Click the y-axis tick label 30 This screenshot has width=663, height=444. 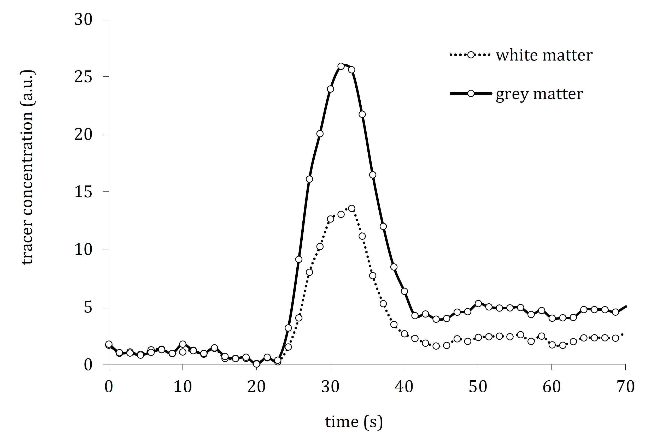(x=83, y=20)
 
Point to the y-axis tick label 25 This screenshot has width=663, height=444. (x=83, y=77)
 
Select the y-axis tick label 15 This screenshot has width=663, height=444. (x=83, y=192)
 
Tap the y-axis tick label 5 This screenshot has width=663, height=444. (x=88, y=307)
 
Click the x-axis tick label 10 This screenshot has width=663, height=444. (x=183, y=387)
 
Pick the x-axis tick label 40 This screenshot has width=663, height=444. (x=404, y=387)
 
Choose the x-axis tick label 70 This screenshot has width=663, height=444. (x=625, y=387)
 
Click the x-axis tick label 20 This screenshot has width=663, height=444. (x=256, y=387)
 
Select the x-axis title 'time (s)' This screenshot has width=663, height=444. (x=354, y=422)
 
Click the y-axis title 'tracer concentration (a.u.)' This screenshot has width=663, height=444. (x=27, y=167)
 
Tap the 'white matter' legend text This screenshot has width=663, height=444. (x=544, y=55)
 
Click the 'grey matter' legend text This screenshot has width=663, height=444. (x=539, y=94)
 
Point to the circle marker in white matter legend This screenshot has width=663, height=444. (x=471, y=55)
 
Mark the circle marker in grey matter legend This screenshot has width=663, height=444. (x=471, y=93)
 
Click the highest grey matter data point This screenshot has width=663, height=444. (x=341, y=66)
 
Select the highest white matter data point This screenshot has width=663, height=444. (x=351, y=208)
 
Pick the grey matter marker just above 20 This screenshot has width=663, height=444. (x=320, y=134)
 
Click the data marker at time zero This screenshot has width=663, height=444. (x=109, y=344)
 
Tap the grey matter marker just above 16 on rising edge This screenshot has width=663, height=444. (x=309, y=179)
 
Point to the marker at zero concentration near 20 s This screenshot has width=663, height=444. (x=256, y=364)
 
